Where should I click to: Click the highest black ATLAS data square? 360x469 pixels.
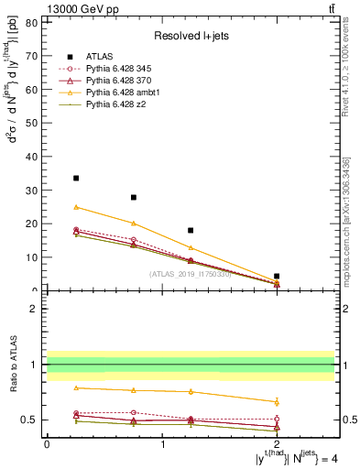[76, 178]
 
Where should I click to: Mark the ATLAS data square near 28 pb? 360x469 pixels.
[134, 197]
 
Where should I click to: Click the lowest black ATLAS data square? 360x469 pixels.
[277, 276]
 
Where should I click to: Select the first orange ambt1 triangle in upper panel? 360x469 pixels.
[76, 207]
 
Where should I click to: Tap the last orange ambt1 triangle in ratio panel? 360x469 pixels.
[277, 401]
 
